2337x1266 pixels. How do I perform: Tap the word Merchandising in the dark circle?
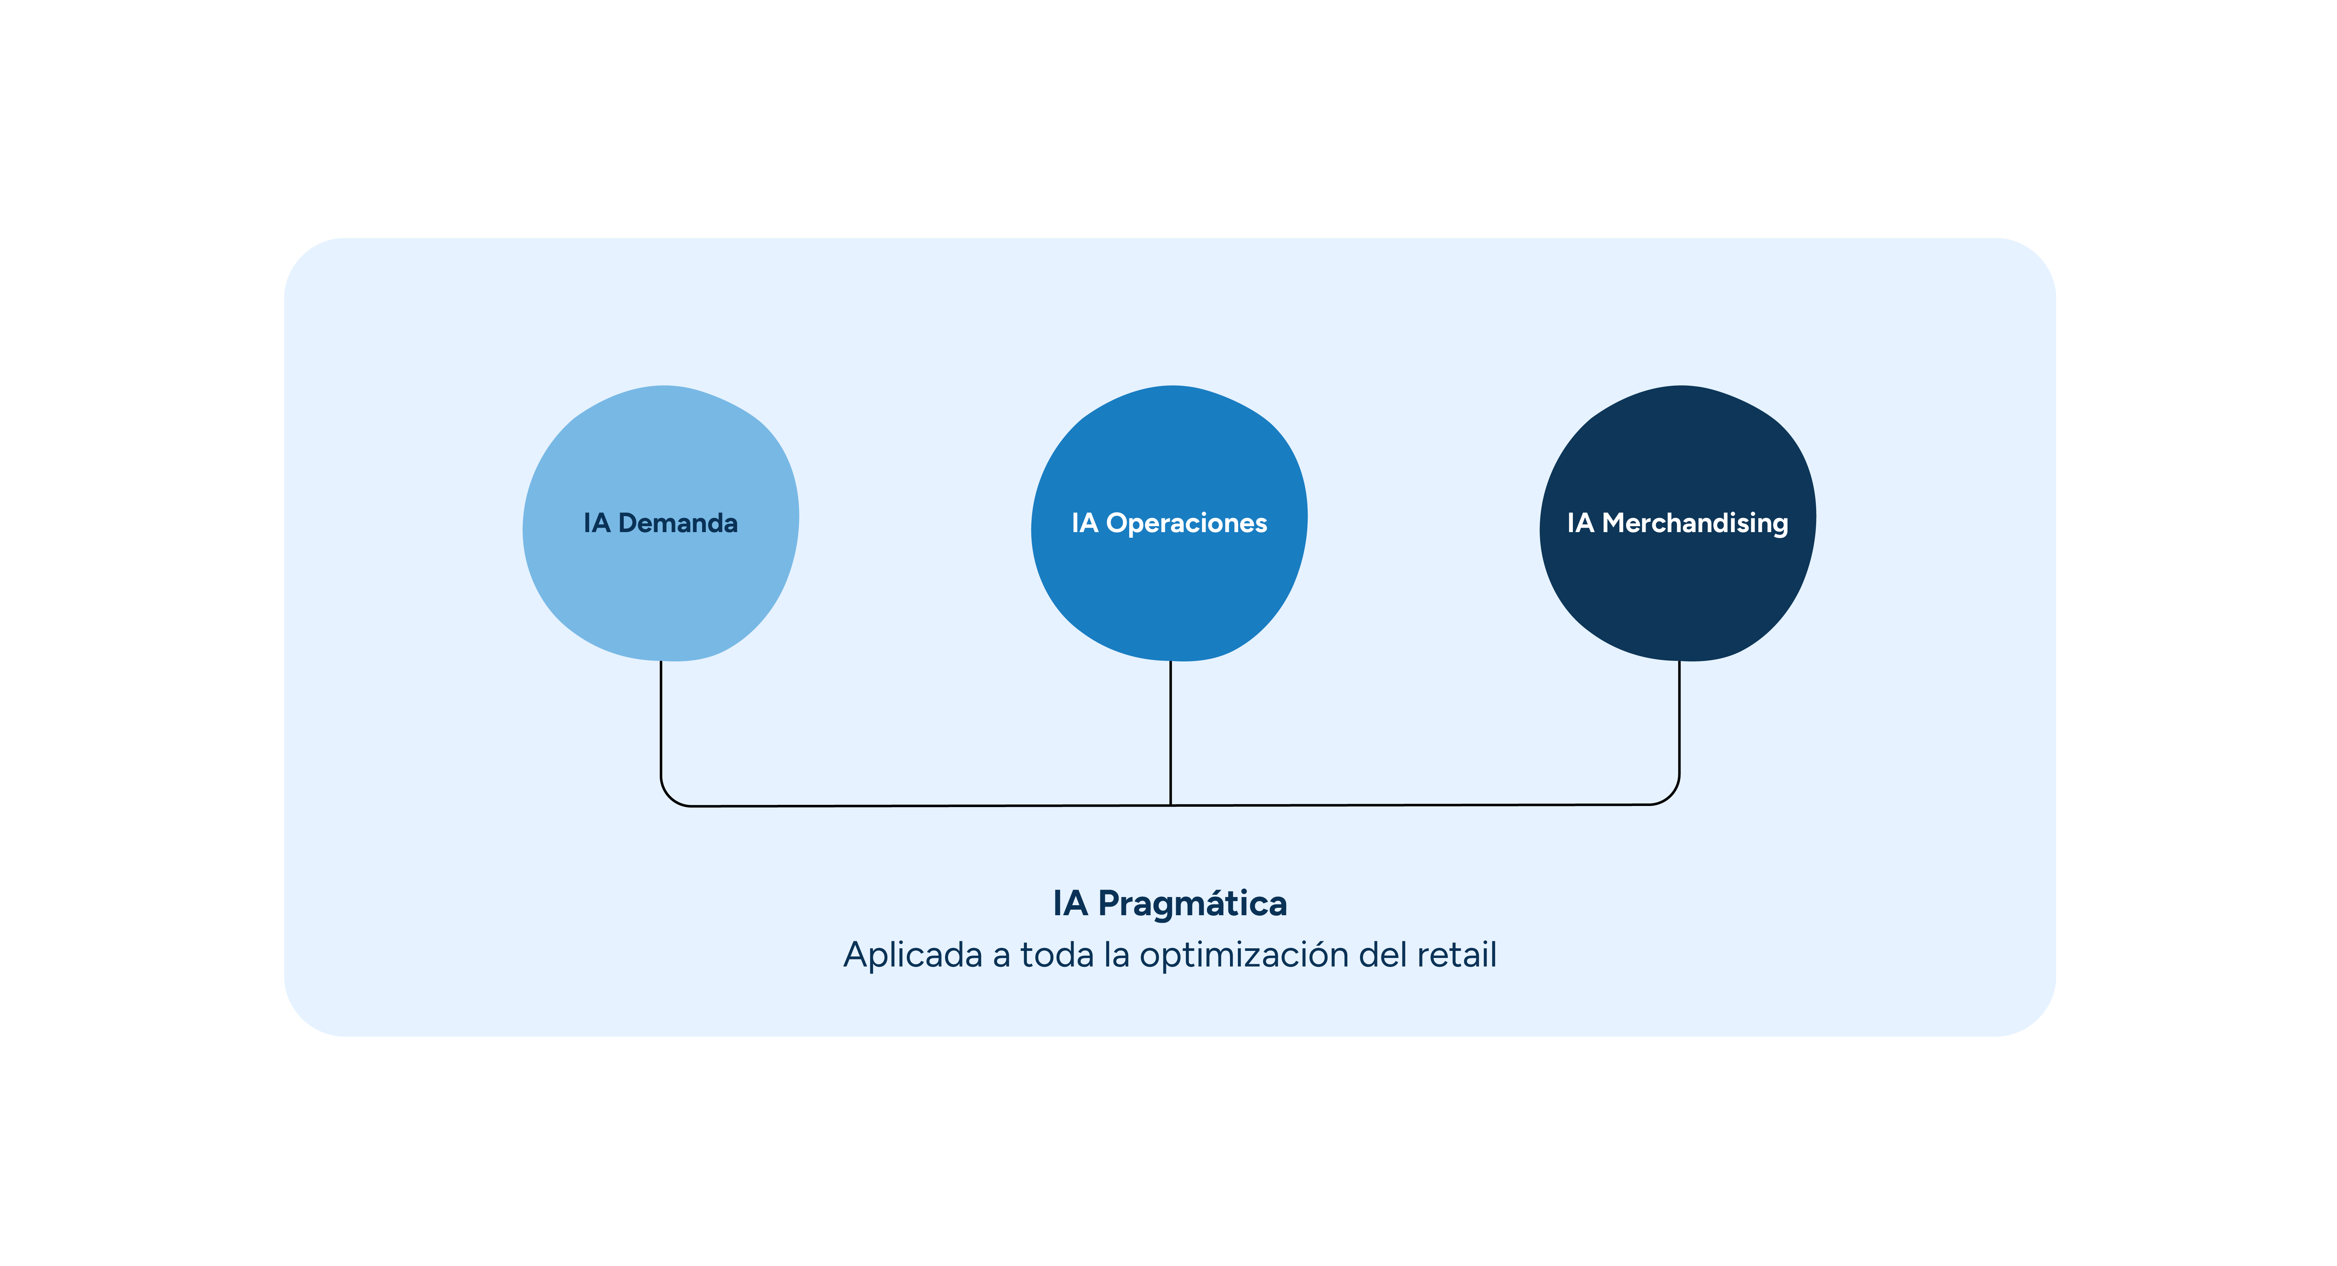coord(1695,524)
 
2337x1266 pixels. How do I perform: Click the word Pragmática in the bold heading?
coord(1192,904)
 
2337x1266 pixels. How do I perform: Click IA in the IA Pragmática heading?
coord(1069,904)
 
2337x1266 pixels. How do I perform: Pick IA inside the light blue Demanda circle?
coord(596,524)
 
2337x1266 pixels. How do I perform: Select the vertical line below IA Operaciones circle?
coord(1170,726)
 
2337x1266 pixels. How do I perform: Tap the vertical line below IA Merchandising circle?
coord(1679,717)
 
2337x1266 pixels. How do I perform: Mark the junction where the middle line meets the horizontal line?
coord(1170,805)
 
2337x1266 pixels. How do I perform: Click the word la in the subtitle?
coord(1116,956)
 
